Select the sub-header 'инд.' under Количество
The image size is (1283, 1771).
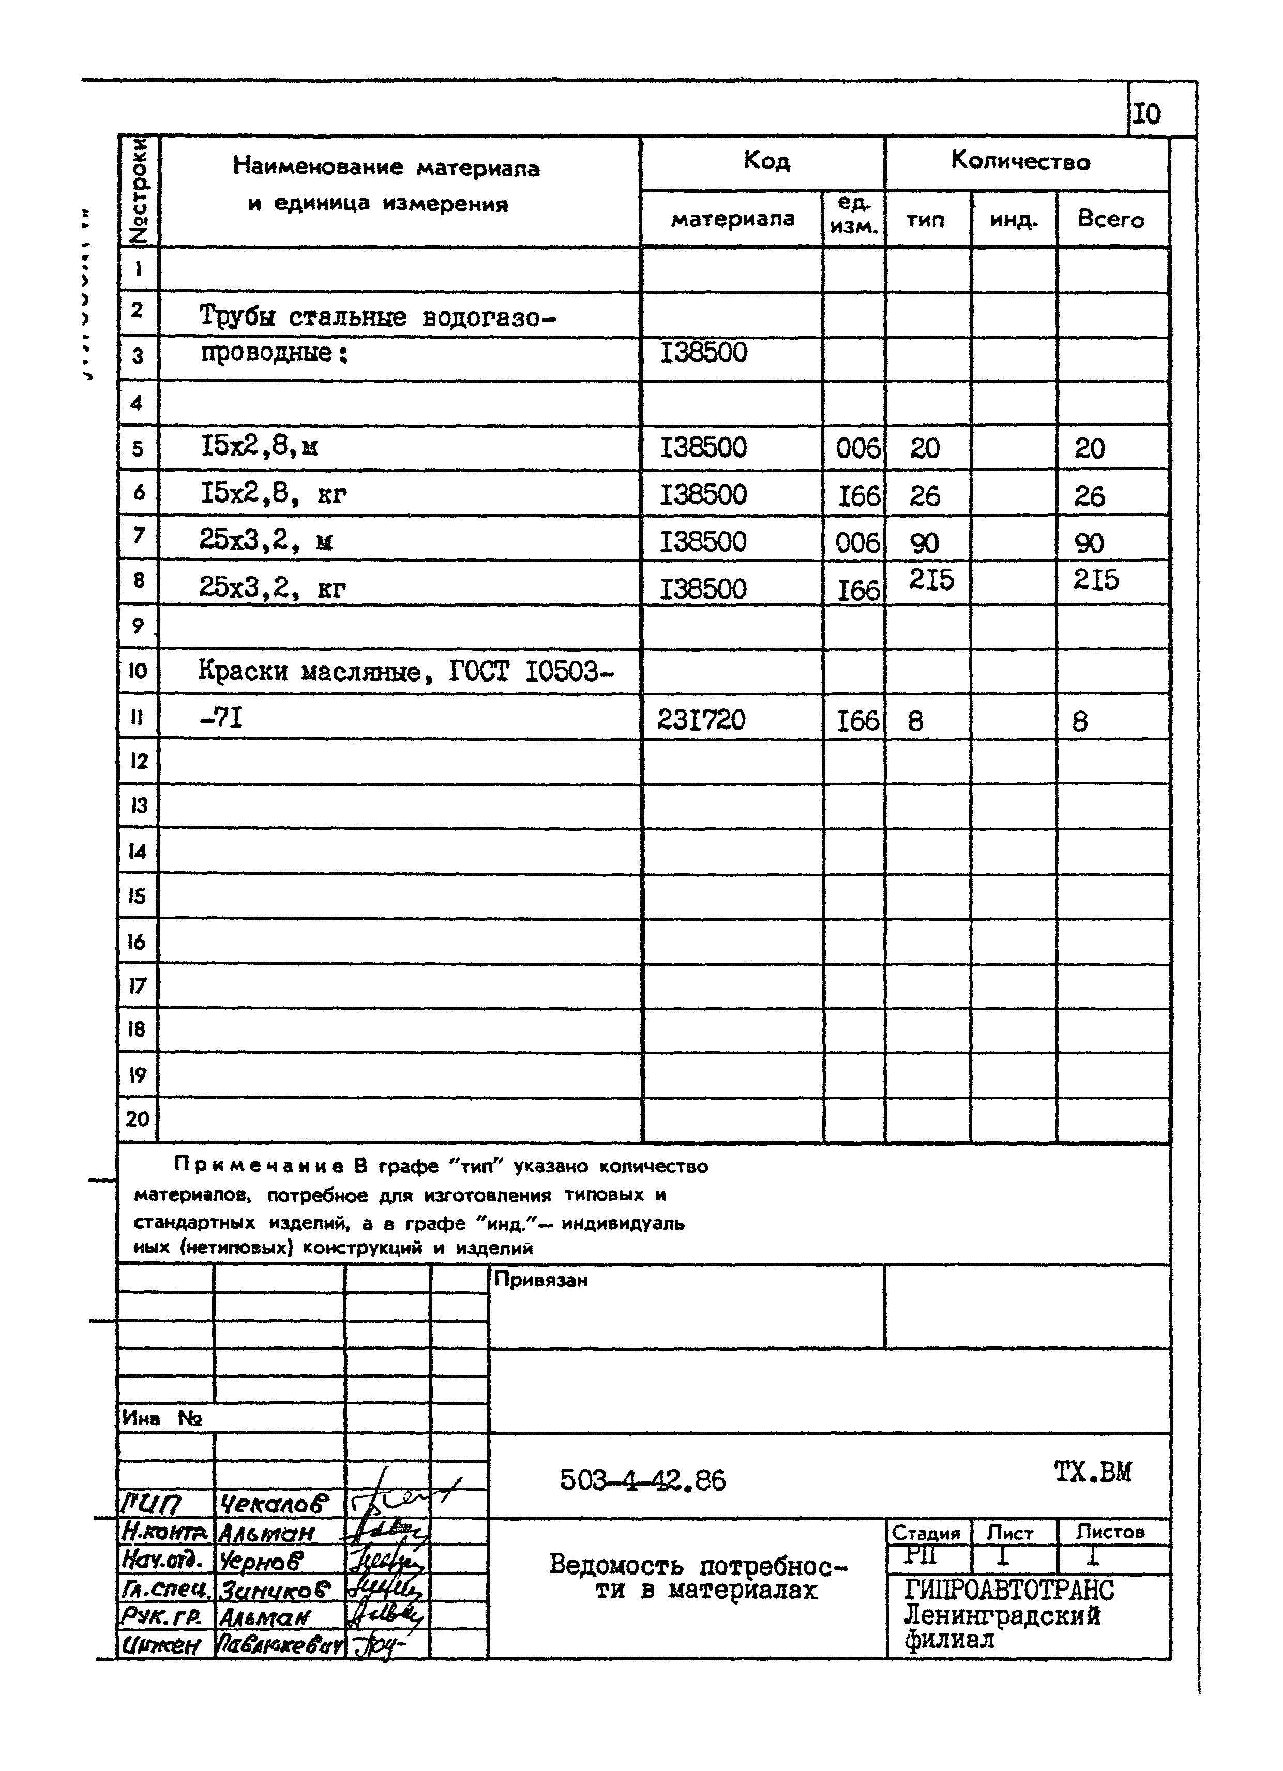pyautogui.click(x=1013, y=220)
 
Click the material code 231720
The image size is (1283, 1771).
pyautogui.click(x=701, y=719)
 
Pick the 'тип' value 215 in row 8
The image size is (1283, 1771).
pyautogui.click(x=931, y=580)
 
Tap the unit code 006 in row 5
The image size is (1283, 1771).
pyautogui.click(x=857, y=448)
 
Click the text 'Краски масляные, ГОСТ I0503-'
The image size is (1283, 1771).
pyautogui.click(x=405, y=671)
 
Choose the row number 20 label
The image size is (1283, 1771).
pyautogui.click(x=138, y=1119)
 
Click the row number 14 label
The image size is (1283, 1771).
pyautogui.click(x=138, y=851)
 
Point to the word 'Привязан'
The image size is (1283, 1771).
pyautogui.click(x=540, y=1280)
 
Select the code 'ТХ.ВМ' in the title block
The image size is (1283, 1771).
pyautogui.click(x=1092, y=1472)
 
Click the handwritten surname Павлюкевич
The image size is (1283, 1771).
pyautogui.click(x=278, y=1646)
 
